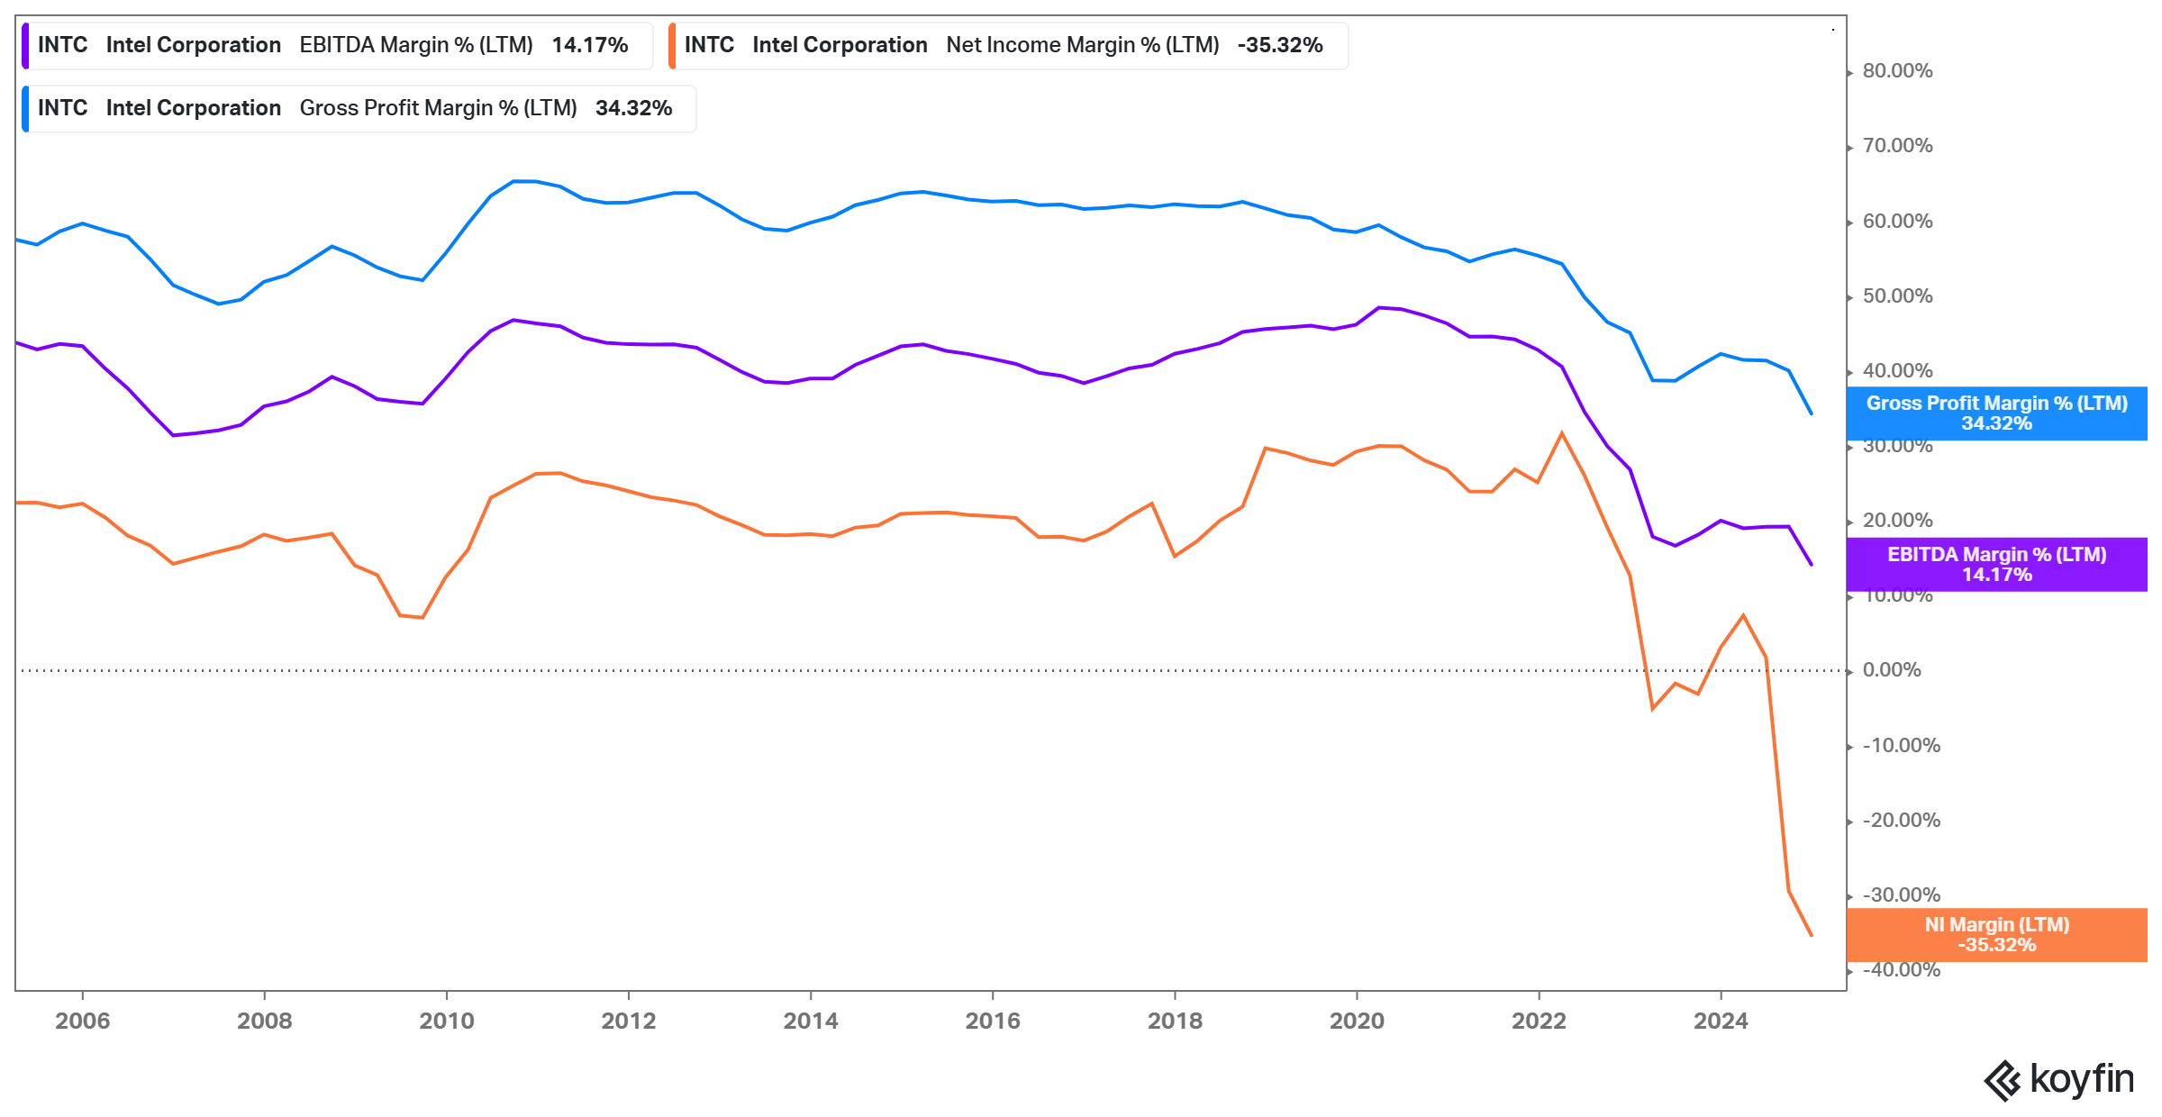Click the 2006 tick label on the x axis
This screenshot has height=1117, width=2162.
coord(82,1021)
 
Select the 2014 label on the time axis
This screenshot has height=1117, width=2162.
coord(810,1021)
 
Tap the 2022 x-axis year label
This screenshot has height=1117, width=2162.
coord(1539,1021)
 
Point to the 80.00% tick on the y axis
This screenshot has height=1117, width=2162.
coord(1897,71)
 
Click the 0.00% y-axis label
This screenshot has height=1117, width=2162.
coord(1892,670)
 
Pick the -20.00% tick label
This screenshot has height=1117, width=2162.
coord(1901,821)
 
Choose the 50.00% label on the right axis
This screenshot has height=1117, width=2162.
coord(1897,296)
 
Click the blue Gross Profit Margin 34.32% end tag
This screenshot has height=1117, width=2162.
coord(1996,413)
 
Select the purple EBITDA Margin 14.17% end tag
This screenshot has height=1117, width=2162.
coord(1996,565)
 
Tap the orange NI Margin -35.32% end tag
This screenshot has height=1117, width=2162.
coord(1996,935)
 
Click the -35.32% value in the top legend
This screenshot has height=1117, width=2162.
coord(1279,45)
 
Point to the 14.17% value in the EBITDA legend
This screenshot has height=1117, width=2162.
coord(589,45)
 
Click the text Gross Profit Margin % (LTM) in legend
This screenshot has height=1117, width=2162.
coord(438,108)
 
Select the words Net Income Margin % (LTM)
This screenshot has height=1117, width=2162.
coord(1082,45)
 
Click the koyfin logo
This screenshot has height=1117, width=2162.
coord(2058,1079)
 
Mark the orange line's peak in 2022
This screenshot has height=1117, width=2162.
coord(1562,433)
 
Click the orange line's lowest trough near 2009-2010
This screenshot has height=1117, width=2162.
coord(422,617)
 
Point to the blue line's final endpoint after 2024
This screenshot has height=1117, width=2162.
coord(1811,413)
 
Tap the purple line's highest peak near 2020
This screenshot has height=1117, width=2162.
coord(1379,307)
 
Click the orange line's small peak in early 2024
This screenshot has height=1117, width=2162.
coord(1743,615)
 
